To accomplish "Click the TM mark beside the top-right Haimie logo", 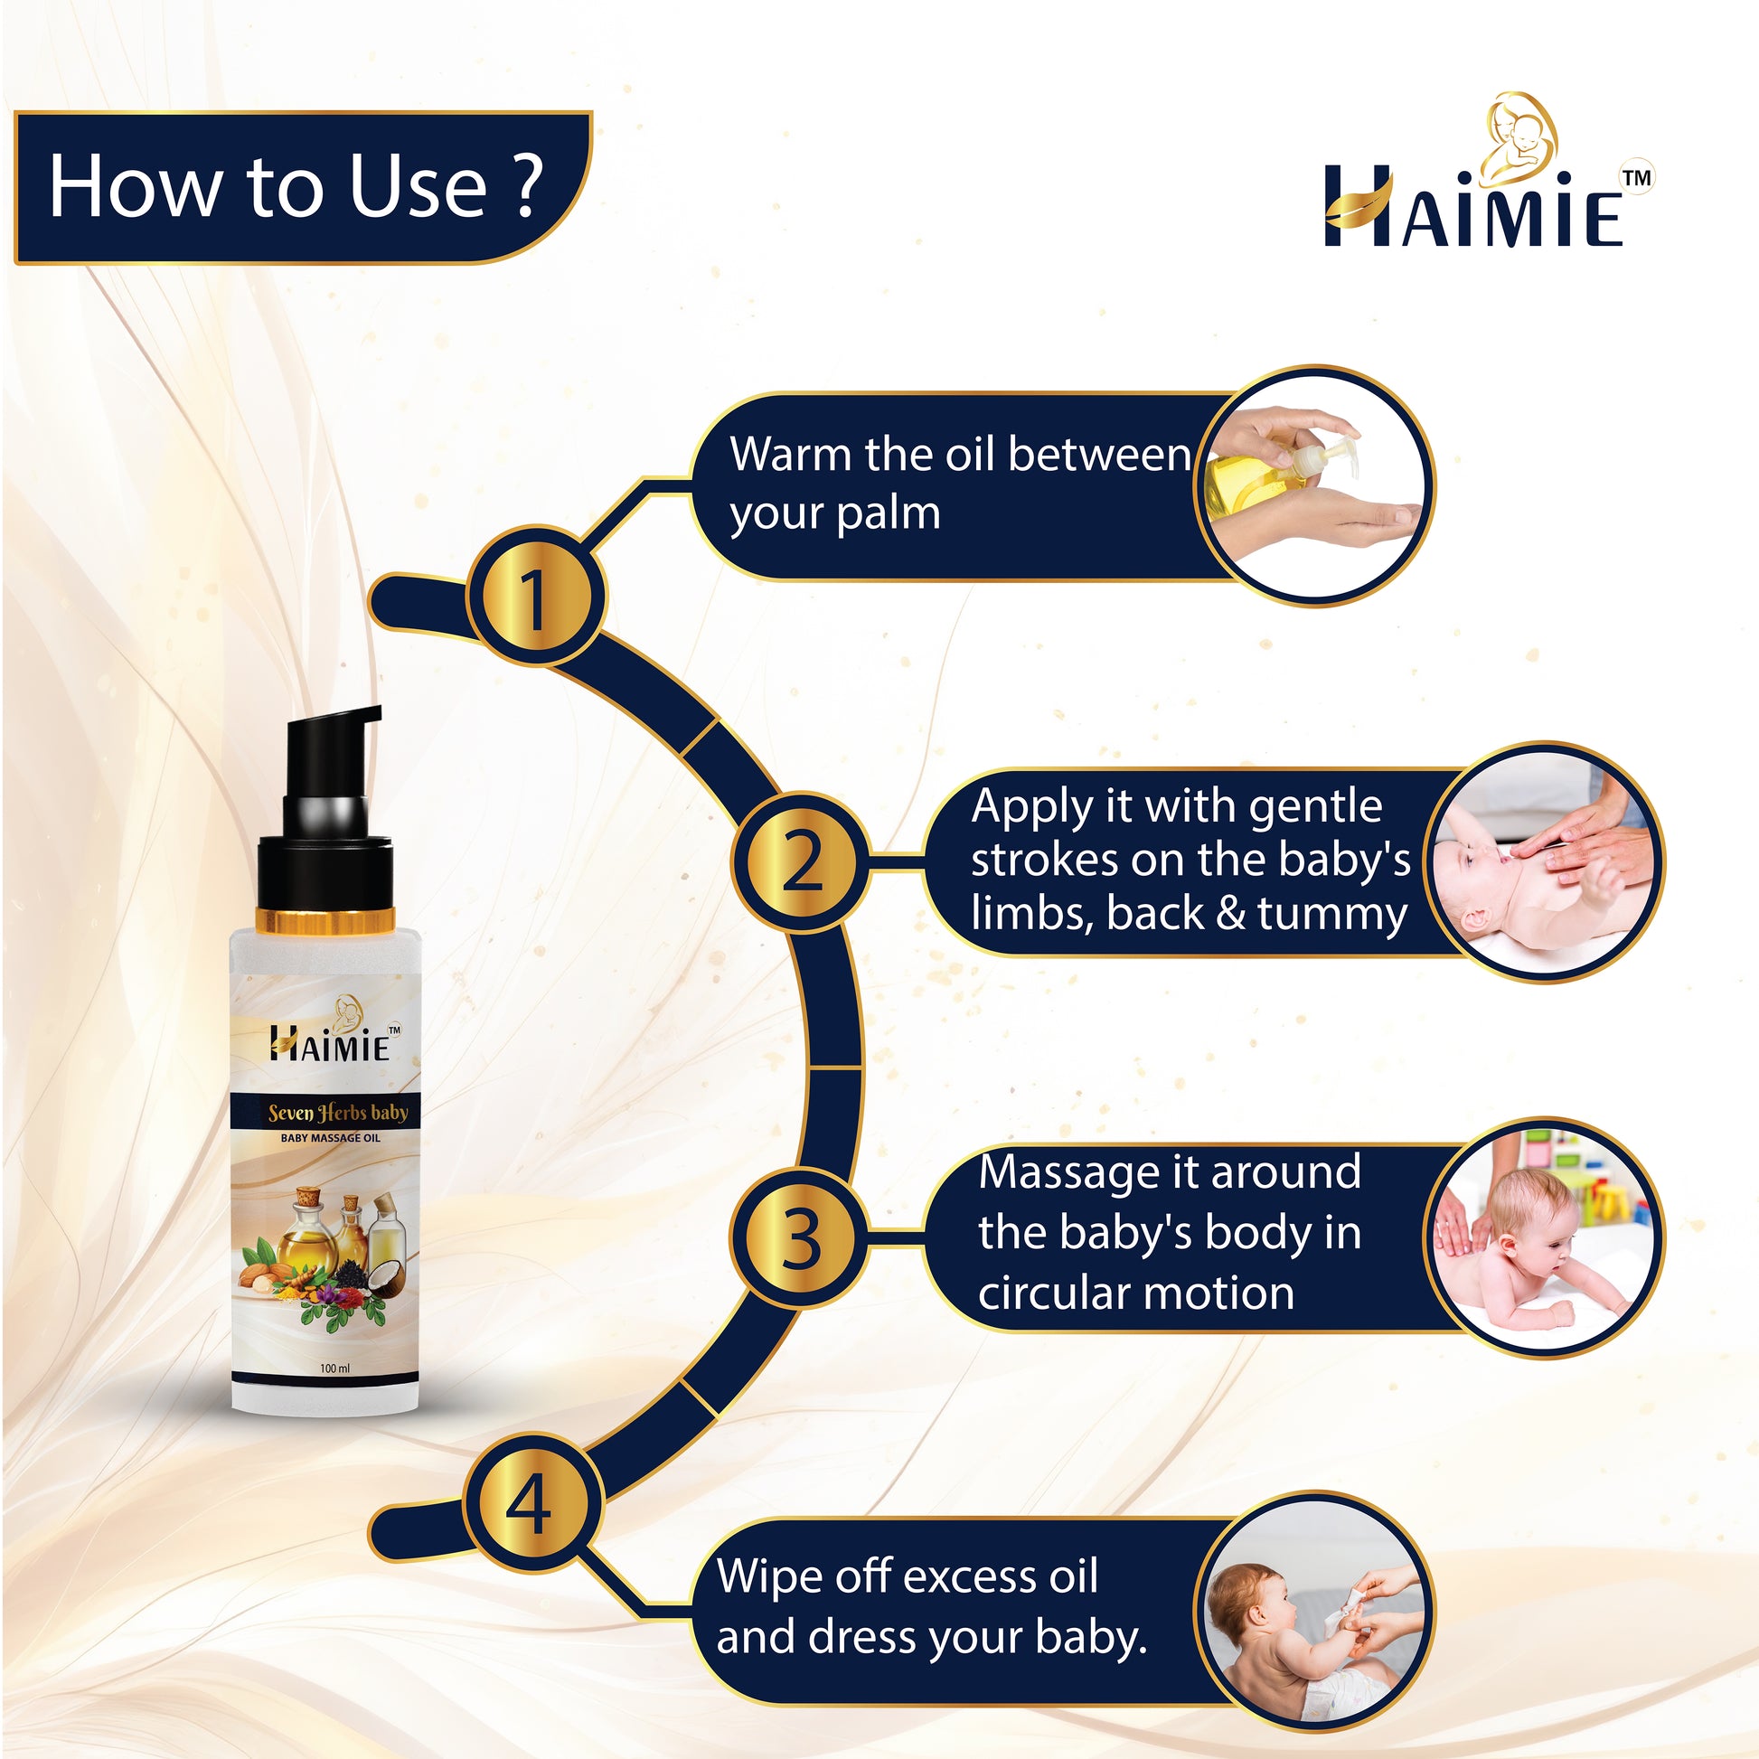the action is pos(1638,178).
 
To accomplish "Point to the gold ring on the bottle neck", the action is pos(325,920).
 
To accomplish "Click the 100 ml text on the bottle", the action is pos(335,1369).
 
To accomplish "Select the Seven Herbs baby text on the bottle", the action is pos(338,1112).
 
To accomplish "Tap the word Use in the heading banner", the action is pos(419,185).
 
